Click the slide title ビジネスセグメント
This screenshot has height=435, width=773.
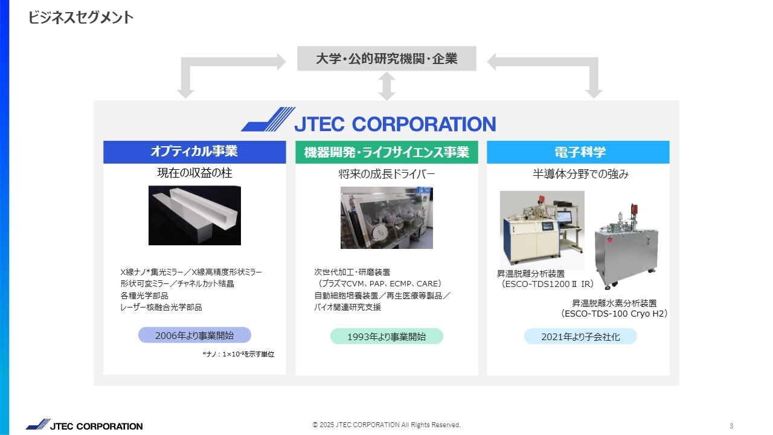[80, 18]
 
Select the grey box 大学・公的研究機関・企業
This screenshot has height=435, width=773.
[386, 59]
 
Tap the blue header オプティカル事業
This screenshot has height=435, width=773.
[194, 152]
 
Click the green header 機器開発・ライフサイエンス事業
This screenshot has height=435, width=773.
[386, 152]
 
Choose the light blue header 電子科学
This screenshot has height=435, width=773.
[578, 152]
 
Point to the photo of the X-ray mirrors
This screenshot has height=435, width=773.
[194, 216]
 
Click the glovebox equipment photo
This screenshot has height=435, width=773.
[386, 218]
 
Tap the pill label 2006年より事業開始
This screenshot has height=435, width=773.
[194, 335]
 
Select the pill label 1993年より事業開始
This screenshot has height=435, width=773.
[386, 337]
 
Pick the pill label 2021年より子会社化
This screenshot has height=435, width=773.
[580, 337]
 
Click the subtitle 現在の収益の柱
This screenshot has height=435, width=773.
[194, 173]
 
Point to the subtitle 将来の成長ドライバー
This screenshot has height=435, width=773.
[386, 174]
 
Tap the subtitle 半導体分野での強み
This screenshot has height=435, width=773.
[580, 174]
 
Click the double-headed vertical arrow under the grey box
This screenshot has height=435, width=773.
[386, 86]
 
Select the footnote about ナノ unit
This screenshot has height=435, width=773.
[238, 354]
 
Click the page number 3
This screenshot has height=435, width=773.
[731, 426]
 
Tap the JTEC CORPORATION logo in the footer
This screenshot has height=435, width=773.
[84, 425]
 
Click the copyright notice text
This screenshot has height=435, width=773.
[386, 425]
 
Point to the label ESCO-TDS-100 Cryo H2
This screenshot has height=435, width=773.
[614, 314]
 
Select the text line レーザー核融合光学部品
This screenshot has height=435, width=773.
[161, 308]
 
